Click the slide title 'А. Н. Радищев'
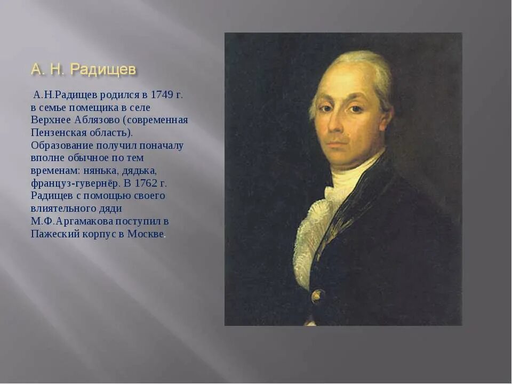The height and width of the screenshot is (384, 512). point(83,69)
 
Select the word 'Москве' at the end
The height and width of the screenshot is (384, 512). point(145,234)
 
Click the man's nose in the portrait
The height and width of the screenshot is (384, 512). point(339,125)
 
